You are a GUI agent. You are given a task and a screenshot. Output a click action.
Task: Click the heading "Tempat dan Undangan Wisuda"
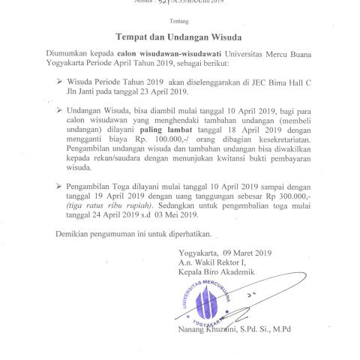click(x=183, y=35)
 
